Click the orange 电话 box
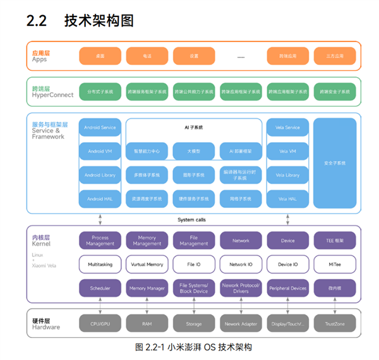pyautogui.click(x=147, y=56)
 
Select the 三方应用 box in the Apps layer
pyautogui.click(x=335, y=56)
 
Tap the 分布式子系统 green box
pyautogui.click(x=100, y=92)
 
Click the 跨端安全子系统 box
pyautogui.click(x=335, y=92)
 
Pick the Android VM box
pyautogui.click(x=100, y=152)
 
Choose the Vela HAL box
pyautogui.click(x=287, y=199)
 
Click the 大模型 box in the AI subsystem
pyautogui.click(x=194, y=152)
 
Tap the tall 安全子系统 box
pyautogui.click(x=335, y=163)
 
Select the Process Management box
pyautogui.click(x=100, y=241)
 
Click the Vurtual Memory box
pyautogui.click(x=147, y=265)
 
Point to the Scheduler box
pyautogui.click(x=100, y=289)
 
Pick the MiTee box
pyautogui.click(x=335, y=265)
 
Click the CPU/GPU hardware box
pyautogui.click(x=100, y=324)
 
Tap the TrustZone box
pyautogui.click(x=335, y=324)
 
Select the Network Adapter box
pyautogui.click(x=241, y=324)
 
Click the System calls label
pyautogui.click(x=191, y=220)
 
